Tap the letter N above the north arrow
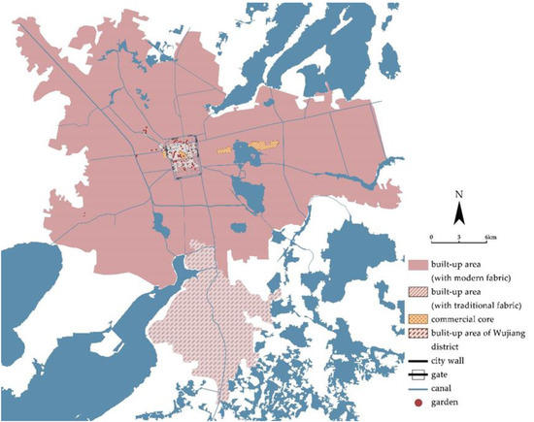point(462,195)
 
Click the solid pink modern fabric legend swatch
point(419,264)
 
